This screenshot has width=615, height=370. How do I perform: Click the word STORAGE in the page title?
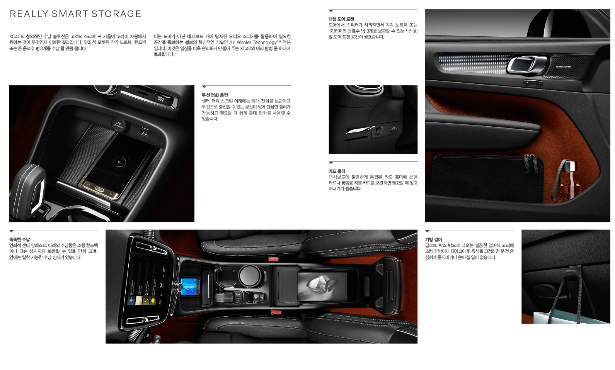[x=116, y=14]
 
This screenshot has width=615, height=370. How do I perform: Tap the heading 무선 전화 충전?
[x=215, y=95]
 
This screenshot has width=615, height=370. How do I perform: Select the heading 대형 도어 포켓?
[x=341, y=19]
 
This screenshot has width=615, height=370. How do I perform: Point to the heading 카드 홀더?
[x=337, y=171]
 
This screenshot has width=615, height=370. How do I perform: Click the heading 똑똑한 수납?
[x=19, y=239]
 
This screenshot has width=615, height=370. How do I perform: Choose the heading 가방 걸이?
[x=434, y=239]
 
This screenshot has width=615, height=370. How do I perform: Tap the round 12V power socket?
[x=118, y=124]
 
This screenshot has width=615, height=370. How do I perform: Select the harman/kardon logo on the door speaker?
[x=563, y=67]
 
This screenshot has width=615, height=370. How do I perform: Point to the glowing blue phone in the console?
[x=190, y=287]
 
